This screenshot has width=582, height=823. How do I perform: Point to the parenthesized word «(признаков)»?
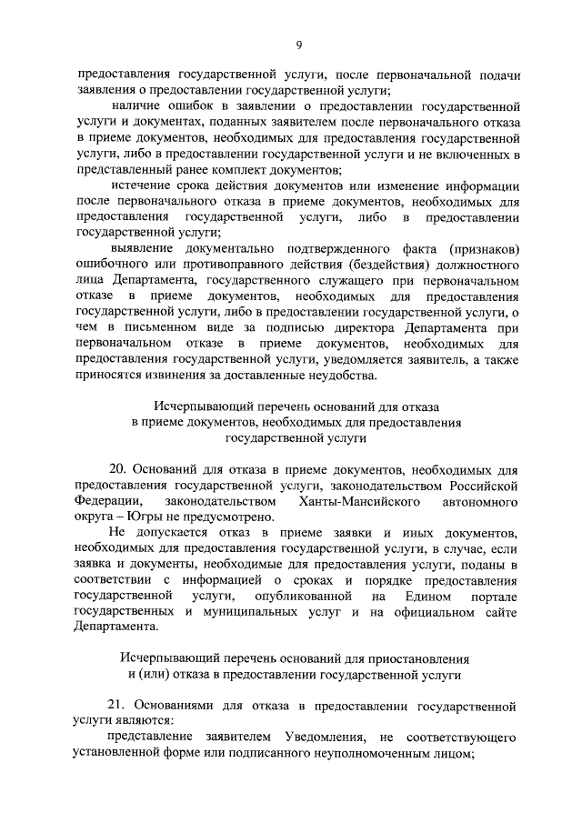(x=479, y=248)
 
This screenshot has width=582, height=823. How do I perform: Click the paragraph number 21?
(x=116, y=705)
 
